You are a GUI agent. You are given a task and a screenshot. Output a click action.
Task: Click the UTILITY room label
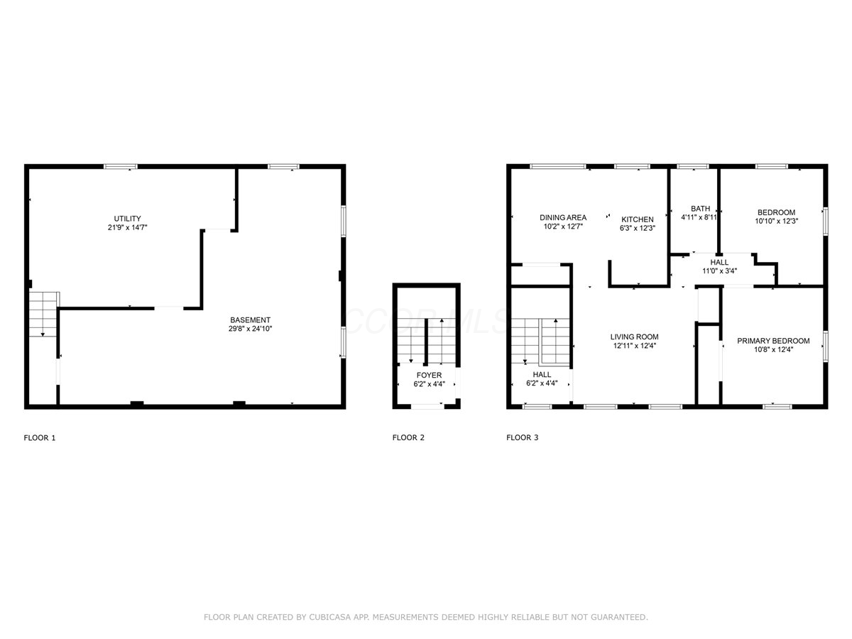127,219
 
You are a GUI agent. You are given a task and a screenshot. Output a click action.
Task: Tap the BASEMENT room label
250,320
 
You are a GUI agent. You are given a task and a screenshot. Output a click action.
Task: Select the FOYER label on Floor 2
429,375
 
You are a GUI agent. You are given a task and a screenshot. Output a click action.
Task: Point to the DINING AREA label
563,218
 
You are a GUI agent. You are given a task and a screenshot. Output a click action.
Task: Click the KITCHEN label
638,219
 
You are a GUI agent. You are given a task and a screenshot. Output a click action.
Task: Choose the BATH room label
700,209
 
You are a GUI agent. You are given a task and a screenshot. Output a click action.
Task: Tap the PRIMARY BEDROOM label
773,341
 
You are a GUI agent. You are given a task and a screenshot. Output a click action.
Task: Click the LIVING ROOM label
634,337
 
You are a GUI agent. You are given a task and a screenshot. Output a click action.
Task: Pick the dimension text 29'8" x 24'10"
250,329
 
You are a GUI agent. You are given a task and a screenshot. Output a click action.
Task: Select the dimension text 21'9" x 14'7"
127,227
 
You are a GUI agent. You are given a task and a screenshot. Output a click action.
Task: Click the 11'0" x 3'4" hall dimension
719,271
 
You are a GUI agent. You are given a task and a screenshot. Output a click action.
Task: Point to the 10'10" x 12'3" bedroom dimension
776,221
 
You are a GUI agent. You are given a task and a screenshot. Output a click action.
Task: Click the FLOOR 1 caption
40,438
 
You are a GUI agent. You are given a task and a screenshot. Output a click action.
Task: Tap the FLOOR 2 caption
408,437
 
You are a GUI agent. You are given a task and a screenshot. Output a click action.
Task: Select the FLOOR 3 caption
522,437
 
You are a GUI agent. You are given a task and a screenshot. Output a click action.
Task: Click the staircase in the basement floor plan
43,315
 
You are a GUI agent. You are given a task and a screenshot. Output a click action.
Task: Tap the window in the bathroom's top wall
693,166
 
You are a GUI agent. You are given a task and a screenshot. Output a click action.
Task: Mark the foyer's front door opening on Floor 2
427,406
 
